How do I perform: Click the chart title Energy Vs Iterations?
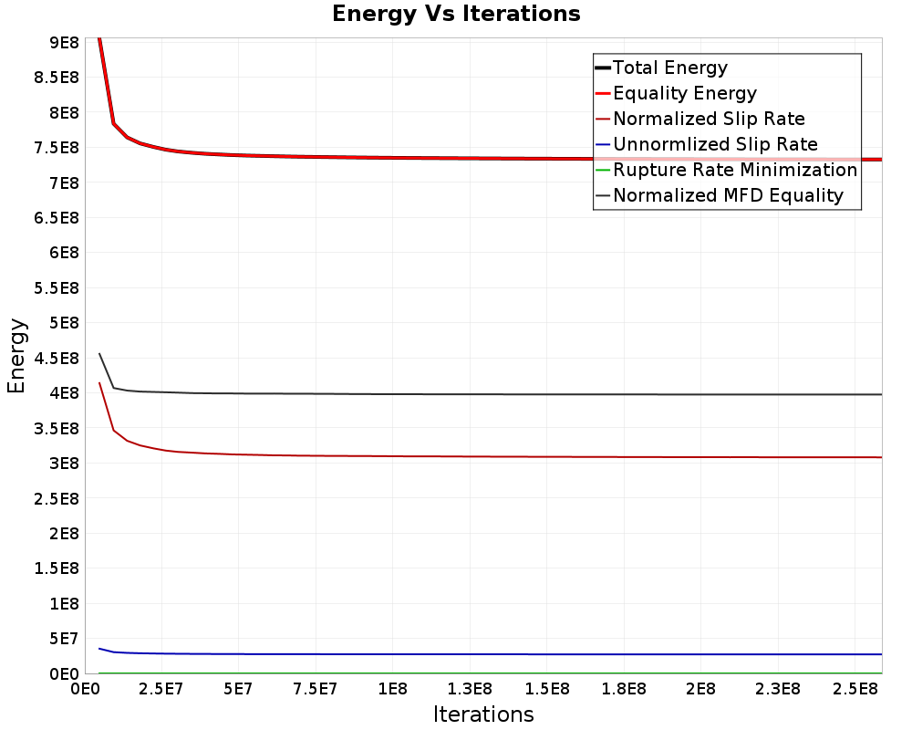tap(456, 14)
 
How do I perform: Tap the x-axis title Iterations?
tap(483, 714)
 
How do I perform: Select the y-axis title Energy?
tap(16, 356)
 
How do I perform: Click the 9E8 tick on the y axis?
tap(64, 43)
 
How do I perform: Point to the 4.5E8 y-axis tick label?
tap(57, 358)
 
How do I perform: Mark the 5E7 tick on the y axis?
tap(64, 639)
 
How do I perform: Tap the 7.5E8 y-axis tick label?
tap(57, 147)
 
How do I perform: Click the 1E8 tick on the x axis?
tap(392, 689)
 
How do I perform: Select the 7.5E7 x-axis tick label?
tap(316, 689)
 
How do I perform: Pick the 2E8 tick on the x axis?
tap(700, 689)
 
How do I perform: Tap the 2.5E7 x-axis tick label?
tap(161, 689)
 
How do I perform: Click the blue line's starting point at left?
tap(99, 649)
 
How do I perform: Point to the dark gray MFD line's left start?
tap(99, 353)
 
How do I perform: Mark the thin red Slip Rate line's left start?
tap(99, 382)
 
